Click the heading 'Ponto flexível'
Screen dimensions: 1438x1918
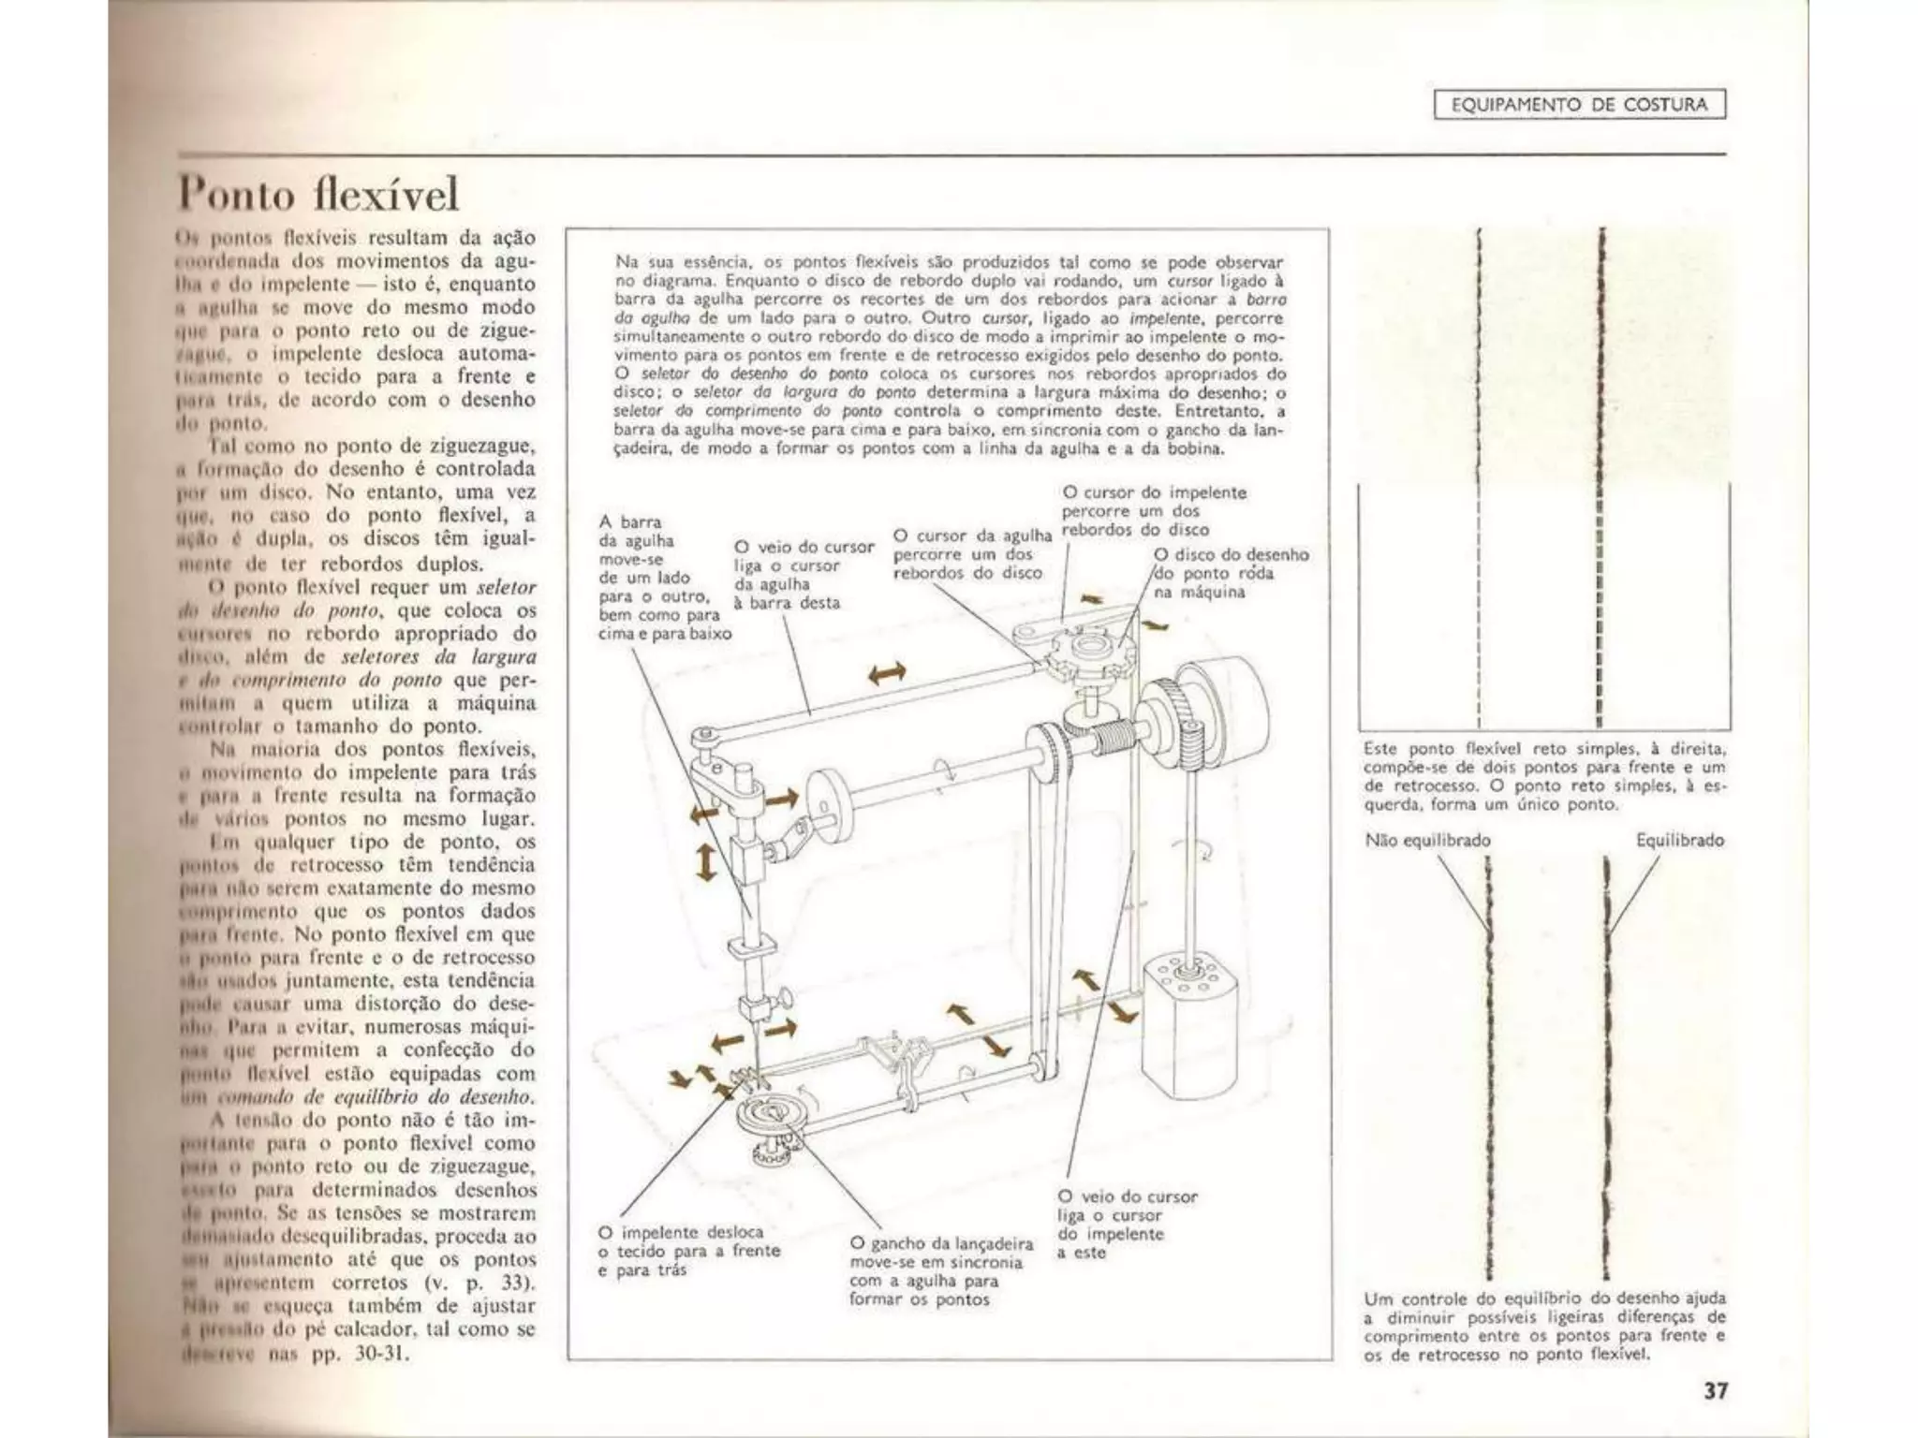[x=319, y=194]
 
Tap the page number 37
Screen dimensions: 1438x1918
[x=1715, y=1390]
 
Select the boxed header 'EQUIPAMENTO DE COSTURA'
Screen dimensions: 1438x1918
[x=1579, y=105]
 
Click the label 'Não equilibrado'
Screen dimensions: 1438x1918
[x=1427, y=840]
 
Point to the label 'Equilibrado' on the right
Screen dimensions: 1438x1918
[x=1679, y=840]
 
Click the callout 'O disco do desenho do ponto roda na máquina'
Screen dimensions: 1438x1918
[x=1231, y=573]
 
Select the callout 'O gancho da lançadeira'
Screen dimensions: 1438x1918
[x=940, y=1270]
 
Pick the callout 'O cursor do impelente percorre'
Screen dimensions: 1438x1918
[x=1153, y=510]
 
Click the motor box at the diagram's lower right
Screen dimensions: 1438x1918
[x=1188, y=1035]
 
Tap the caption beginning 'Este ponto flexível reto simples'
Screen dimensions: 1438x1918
[x=1544, y=776]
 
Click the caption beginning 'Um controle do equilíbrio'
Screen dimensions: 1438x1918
[x=1544, y=1327]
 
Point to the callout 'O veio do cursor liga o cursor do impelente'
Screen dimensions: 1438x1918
[x=1127, y=1225]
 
